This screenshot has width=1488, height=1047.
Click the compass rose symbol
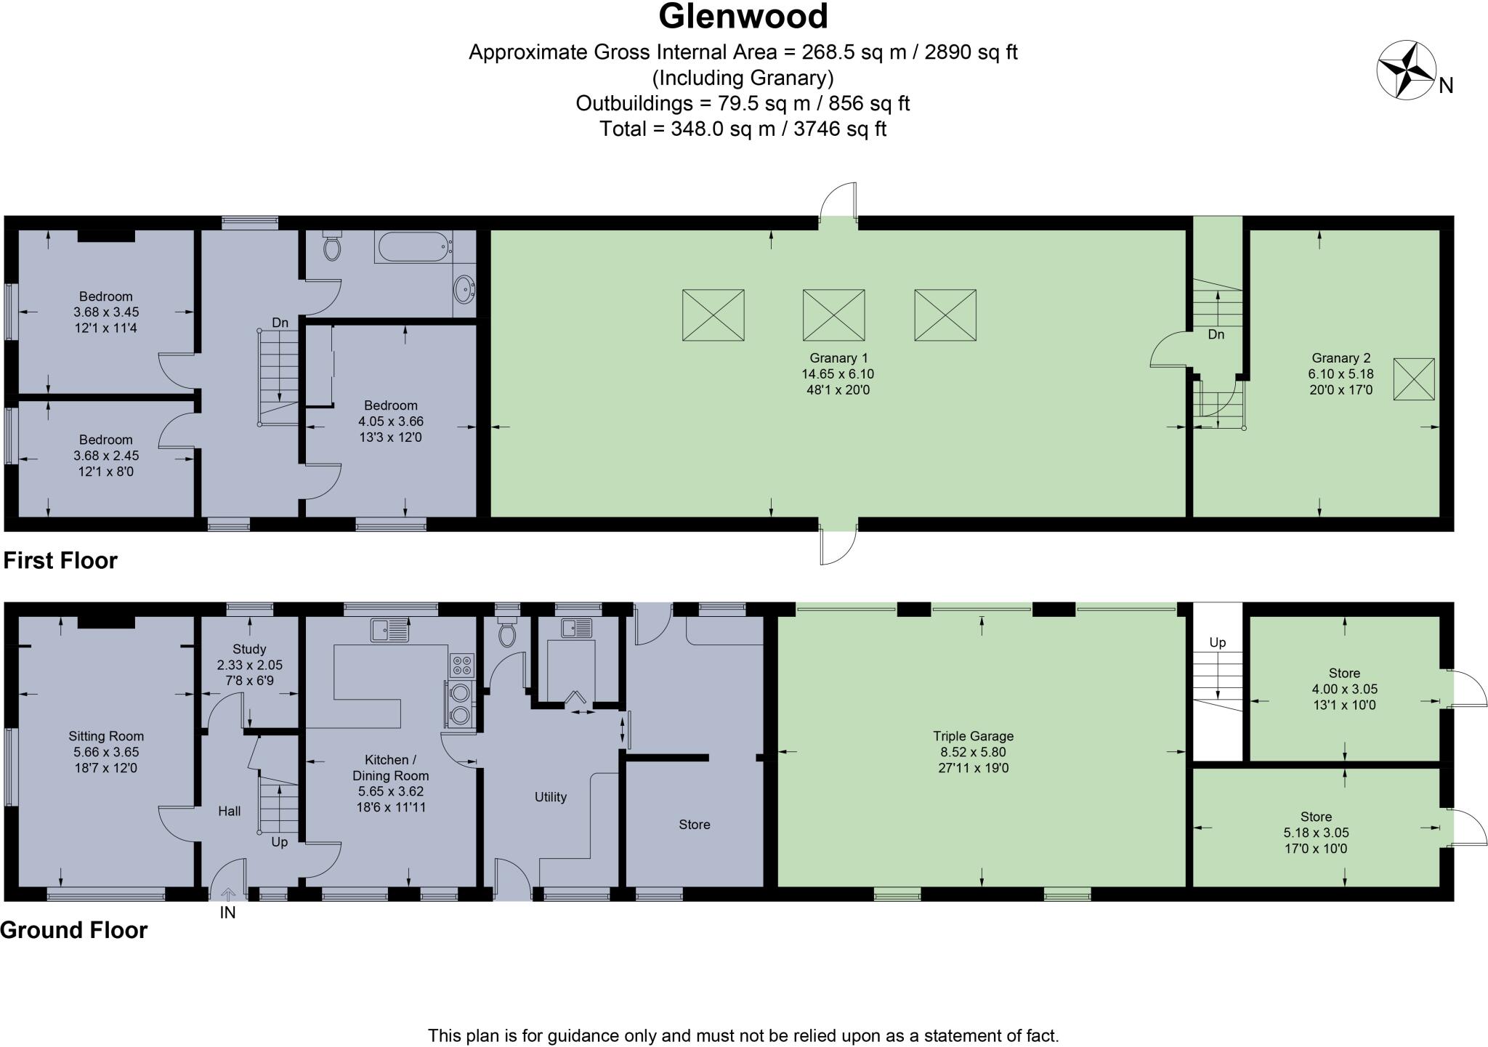pos(1407,70)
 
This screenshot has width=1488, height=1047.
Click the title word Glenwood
pos(743,17)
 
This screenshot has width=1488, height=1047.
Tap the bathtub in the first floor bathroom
pos(413,247)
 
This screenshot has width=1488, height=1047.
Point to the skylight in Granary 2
pos(1413,379)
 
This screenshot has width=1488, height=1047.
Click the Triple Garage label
pos(973,736)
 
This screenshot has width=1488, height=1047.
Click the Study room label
pos(249,649)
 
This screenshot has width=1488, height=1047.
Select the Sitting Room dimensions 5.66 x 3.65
pos(106,752)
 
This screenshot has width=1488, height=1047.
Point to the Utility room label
pos(550,797)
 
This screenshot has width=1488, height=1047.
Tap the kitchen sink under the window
pos(389,630)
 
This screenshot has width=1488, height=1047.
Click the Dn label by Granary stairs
pos(1216,334)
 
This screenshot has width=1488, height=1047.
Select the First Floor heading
pos(60,560)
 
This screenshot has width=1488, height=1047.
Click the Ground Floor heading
pos(73,930)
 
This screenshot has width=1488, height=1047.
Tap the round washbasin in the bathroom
pos(463,289)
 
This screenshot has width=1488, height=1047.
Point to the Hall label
pos(230,811)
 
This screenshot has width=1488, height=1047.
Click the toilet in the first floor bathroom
pos(332,247)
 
